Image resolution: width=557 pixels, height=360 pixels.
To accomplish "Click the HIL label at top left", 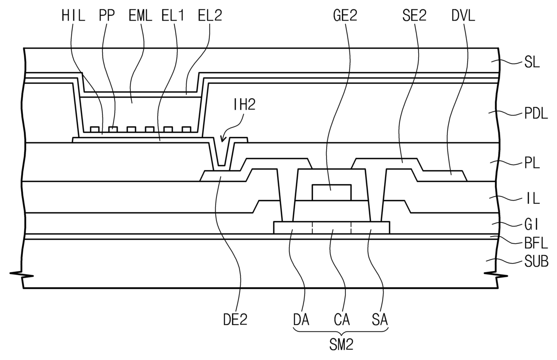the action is point(73,16).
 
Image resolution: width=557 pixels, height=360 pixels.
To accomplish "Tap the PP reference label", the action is point(106,16).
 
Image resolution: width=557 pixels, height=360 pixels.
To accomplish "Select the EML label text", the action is point(140,16).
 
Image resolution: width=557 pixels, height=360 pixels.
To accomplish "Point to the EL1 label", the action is point(173,16).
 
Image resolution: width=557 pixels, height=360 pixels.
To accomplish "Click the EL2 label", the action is point(210,16).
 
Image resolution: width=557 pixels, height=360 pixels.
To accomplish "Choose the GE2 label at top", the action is point(345,16).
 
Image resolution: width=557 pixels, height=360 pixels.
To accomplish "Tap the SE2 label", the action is point(415,16).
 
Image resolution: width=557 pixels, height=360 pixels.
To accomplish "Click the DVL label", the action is point(463,16).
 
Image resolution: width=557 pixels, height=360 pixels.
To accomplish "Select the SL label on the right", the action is point(532,62).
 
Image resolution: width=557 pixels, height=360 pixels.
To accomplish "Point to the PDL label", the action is point(536,114).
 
